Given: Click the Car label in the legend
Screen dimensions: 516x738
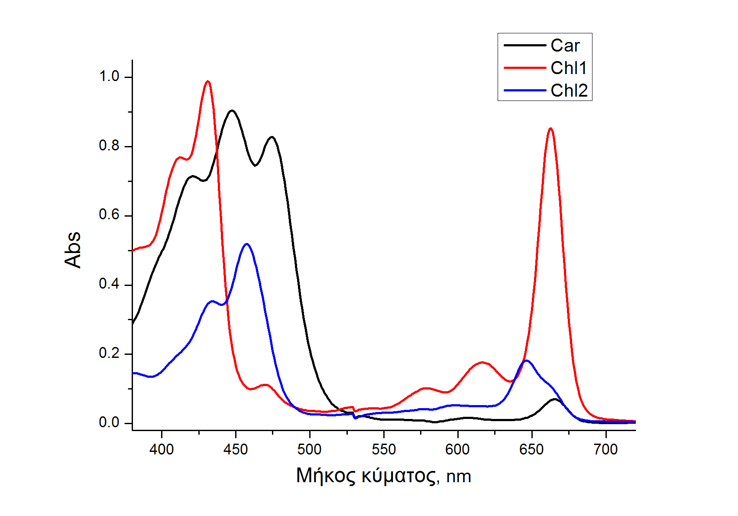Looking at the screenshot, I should tap(565, 45).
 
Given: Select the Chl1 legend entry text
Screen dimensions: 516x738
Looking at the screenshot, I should tap(569, 68).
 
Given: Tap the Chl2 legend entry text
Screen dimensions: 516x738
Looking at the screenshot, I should tap(569, 91).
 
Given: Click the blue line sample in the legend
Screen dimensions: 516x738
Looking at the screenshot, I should tap(524, 91).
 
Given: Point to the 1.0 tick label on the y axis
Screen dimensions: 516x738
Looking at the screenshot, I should tap(109, 77).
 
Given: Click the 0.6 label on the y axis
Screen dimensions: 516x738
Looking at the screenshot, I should tap(109, 215).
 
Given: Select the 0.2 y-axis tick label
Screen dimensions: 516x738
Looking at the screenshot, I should tap(109, 354).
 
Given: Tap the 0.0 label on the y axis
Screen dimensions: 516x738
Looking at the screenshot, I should tap(109, 422).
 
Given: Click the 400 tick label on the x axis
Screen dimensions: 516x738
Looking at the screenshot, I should tap(162, 450).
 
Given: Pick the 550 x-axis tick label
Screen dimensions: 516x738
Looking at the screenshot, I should tap(384, 450).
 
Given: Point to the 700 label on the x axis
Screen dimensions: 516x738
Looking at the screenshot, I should tap(605, 450).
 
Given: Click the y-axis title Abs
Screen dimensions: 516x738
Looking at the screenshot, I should tap(73, 250).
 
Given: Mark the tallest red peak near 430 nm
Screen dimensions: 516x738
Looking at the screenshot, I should tap(208, 81).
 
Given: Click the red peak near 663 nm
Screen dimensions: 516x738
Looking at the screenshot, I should tap(550, 128).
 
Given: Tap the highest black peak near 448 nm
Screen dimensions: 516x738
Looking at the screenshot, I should tap(232, 110).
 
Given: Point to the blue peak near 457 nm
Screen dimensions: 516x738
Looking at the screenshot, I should tap(246, 244).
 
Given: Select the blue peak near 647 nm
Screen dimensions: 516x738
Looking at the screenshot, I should tap(526, 360).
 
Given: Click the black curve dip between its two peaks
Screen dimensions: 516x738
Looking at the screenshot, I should tap(255, 165).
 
